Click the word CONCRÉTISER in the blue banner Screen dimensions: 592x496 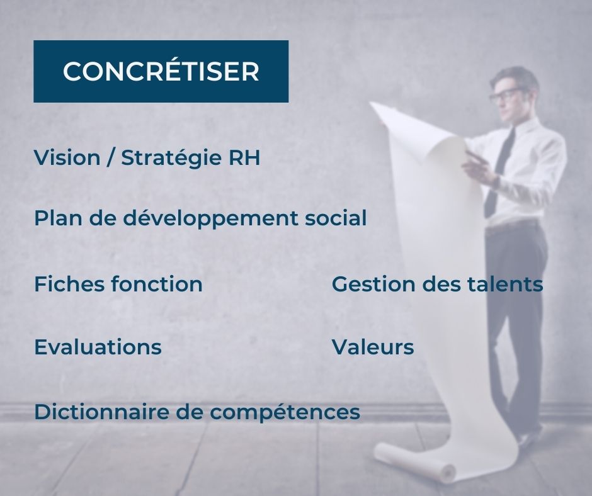[x=161, y=70]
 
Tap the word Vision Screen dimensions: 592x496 [x=67, y=157]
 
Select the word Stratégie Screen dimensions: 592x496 [x=171, y=158]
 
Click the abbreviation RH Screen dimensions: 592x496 [x=244, y=158]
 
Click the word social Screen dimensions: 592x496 [x=336, y=218]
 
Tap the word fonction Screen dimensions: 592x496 [x=157, y=284]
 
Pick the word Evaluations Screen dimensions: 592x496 [x=98, y=347]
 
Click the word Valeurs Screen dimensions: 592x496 [x=373, y=347]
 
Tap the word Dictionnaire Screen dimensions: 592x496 [x=102, y=412]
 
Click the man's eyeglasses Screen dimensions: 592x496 [x=505, y=94]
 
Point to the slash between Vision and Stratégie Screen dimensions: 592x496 [x=111, y=159]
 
